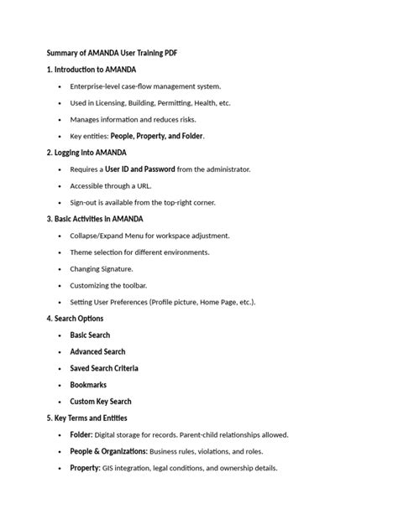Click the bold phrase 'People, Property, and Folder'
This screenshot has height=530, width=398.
coord(157,136)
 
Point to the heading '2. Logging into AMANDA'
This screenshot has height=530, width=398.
coord(86,153)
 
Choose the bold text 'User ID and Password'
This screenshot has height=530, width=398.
coord(135,169)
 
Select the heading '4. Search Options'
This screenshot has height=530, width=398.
coord(76,319)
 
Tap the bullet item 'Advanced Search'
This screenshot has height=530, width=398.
coord(97,352)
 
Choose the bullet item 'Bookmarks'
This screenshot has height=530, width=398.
coord(89,385)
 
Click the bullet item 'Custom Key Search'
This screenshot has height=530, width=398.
coord(101,402)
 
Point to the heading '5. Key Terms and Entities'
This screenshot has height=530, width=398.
coord(87,418)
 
